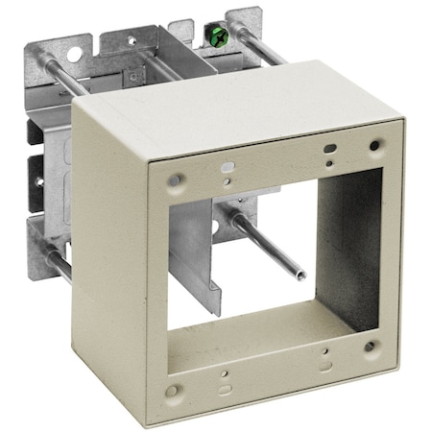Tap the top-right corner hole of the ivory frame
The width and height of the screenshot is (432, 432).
pyautogui.click(x=374, y=146)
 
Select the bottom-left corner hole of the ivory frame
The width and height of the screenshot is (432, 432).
pyautogui.click(x=171, y=391)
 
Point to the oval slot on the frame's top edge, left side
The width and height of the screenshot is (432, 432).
pyautogui.click(x=227, y=167)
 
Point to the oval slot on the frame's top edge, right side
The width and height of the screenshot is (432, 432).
pyautogui.click(x=329, y=150)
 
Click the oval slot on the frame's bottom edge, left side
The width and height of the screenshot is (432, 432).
pyautogui.click(x=225, y=389)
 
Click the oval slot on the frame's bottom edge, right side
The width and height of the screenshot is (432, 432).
pyautogui.click(x=326, y=366)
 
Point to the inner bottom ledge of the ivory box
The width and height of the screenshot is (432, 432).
pyautogui.click(x=269, y=336)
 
